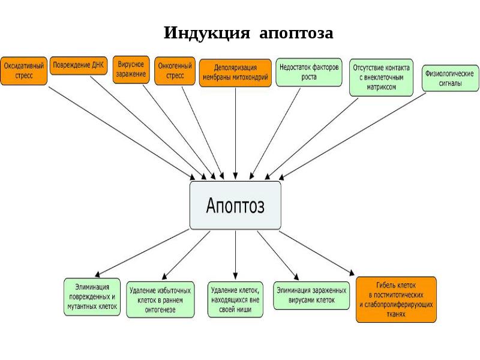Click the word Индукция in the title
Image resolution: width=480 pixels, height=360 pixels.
206,32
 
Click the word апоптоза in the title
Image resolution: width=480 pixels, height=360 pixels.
296,32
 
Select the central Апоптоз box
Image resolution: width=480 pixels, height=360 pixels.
235,205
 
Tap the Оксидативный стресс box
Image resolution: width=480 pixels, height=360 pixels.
23,71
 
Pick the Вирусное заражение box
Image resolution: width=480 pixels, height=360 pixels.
131,69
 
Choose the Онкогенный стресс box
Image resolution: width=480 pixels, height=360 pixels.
175,71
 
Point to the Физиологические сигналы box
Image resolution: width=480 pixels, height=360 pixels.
449,78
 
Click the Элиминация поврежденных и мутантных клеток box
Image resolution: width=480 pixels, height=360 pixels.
92,296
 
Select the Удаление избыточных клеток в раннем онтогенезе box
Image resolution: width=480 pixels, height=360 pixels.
161,298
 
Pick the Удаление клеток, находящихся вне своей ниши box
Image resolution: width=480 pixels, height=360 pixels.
235,298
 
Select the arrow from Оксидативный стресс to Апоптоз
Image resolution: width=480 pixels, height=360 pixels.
120,132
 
